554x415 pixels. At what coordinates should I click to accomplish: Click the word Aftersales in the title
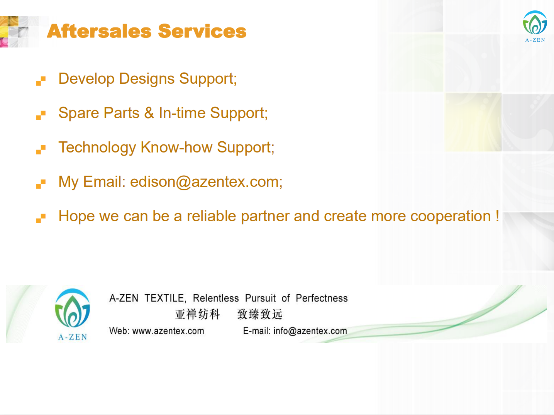(x=99, y=31)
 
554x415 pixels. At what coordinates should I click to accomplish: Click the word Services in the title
(x=202, y=31)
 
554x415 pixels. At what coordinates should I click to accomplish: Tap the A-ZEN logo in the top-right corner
(x=535, y=26)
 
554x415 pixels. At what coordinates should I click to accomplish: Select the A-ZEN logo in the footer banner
(x=73, y=314)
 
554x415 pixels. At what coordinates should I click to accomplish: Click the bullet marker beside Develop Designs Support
(x=41, y=81)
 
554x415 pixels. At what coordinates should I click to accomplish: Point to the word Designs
(x=147, y=79)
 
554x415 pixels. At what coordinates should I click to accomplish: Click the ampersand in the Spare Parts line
(x=149, y=113)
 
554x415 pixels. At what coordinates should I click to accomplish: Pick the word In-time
(x=182, y=113)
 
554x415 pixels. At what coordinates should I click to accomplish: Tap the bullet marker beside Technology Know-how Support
(x=41, y=150)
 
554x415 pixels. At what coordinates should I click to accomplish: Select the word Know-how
(x=176, y=147)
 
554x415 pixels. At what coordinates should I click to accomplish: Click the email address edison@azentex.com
(x=205, y=182)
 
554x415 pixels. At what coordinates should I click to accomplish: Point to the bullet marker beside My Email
(x=41, y=184)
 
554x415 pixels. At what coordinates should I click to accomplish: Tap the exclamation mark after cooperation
(x=497, y=216)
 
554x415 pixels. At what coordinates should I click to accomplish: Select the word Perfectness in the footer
(x=322, y=298)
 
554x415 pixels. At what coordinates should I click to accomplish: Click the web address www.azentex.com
(x=168, y=331)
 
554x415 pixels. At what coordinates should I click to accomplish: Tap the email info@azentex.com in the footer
(x=310, y=331)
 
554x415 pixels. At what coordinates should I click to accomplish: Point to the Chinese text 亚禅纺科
(x=198, y=314)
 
